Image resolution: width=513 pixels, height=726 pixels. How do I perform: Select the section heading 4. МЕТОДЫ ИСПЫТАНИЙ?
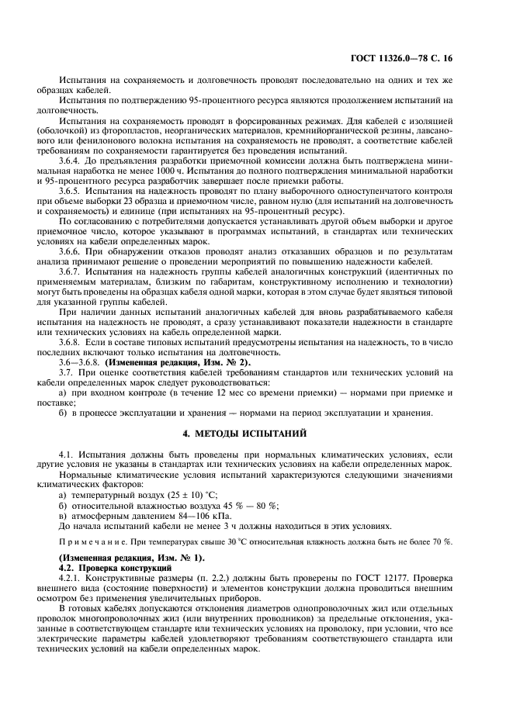[x=256, y=432]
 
